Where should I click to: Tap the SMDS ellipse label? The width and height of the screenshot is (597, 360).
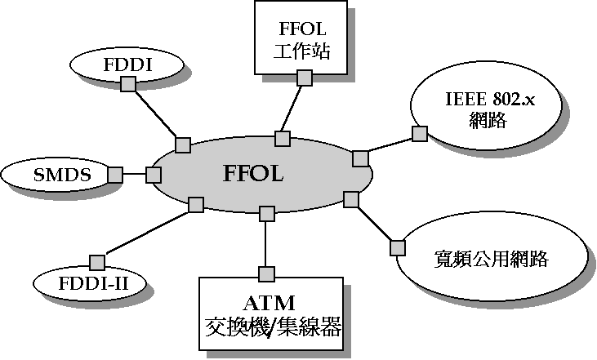point(60,175)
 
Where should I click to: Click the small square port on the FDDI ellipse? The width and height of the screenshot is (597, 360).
point(127,83)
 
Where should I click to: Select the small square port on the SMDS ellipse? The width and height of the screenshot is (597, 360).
point(115,175)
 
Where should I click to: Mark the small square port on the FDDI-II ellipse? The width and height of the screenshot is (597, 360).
point(96,263)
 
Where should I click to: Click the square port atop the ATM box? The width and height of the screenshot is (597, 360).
point(265,273)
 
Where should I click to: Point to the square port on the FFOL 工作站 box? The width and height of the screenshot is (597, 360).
point(304,78)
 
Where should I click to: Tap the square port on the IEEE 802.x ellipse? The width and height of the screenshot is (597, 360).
point(420,133)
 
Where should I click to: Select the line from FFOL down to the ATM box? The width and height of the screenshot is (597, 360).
point(265,243)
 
